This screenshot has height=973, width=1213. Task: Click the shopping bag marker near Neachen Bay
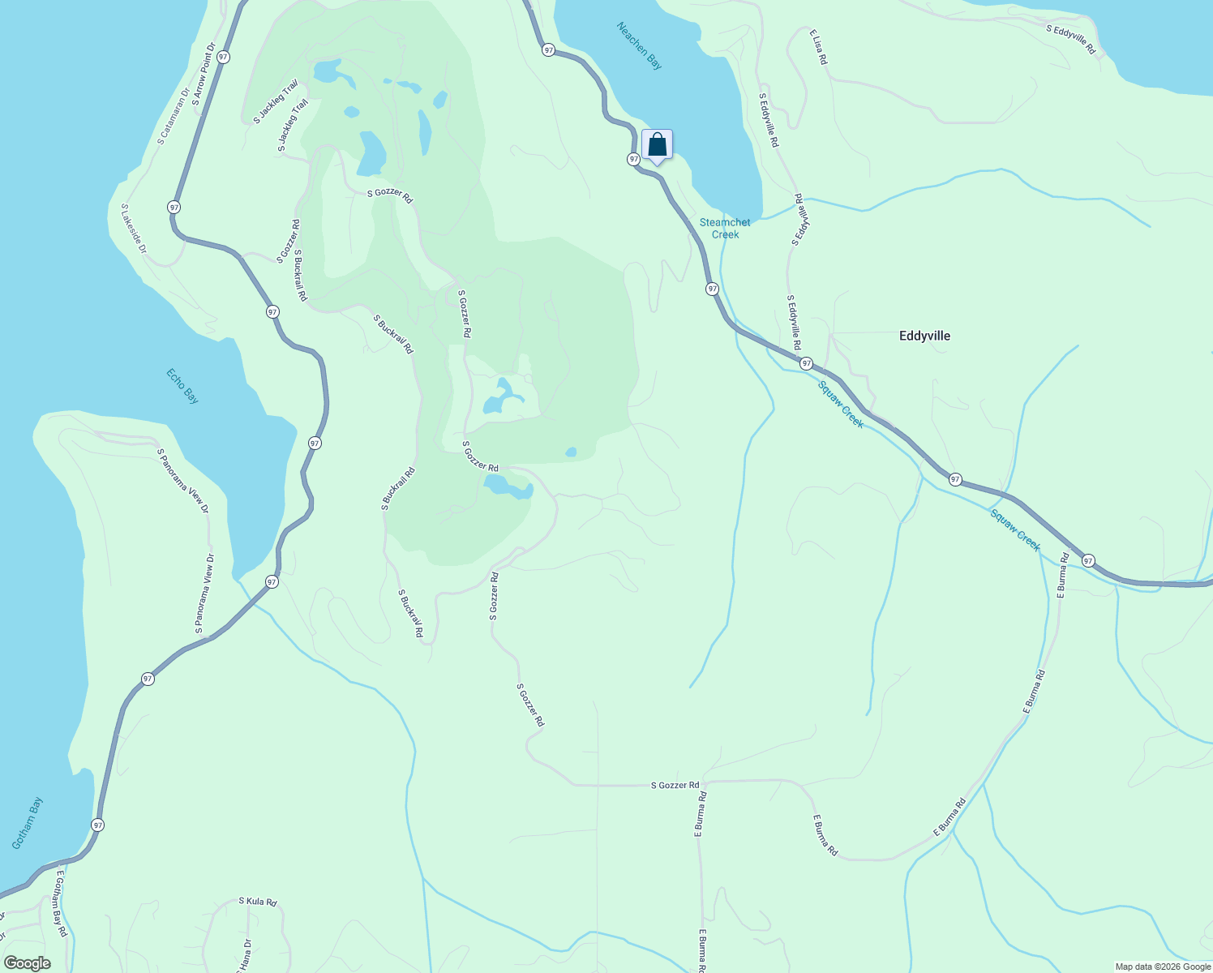(658, 146)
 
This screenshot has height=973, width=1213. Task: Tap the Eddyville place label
(924, 336)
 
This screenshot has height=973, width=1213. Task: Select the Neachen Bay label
(639, 45)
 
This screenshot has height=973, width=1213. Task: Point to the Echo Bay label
(182, 386)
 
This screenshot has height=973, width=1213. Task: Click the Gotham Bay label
(28, 823)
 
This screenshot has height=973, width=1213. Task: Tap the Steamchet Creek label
(725, 228)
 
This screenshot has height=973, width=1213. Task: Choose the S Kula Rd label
(258, 902)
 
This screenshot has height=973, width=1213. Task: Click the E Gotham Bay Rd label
(60, 905)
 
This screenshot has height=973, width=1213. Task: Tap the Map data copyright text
(1163, 967)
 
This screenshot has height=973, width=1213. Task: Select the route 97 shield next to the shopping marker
(633, 159)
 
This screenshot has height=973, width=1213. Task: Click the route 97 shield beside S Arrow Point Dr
(223, 57)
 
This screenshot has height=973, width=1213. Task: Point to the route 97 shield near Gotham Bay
(98, 825)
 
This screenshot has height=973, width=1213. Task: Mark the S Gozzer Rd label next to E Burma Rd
(675, 785)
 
